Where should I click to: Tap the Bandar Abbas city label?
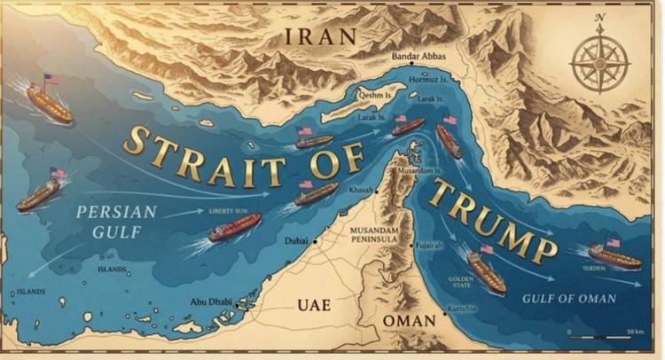coord(419,57)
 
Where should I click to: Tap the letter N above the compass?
coord(600,18)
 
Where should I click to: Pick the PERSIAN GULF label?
coord(116,222)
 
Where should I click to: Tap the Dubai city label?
coord(295,241)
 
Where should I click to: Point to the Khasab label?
coord(363,190)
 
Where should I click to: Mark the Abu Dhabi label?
coord(211,301)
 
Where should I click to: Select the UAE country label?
coord(313,305)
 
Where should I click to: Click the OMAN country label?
coord(409,319)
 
